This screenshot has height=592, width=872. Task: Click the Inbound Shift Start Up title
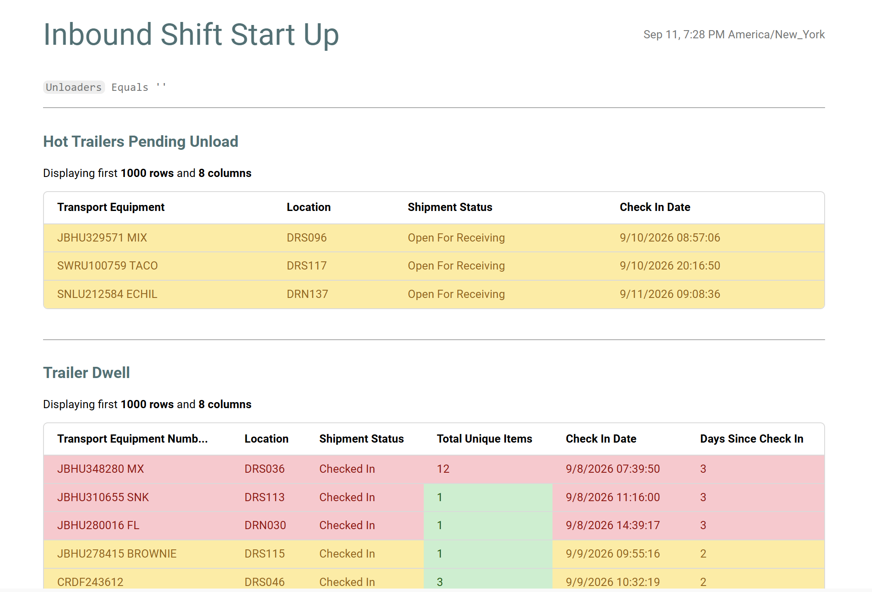coord(191,34)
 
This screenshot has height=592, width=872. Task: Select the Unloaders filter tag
coord(74,87)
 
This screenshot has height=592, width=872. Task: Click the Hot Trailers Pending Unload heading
coord(141,142)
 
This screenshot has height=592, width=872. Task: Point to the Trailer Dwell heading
coord(87,373)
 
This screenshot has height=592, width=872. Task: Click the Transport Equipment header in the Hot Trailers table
coord(111,207)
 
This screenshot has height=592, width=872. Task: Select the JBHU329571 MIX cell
coord(102,238)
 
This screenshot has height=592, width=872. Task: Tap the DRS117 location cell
coord(307,266)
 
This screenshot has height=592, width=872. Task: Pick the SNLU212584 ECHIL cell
coord(107,294)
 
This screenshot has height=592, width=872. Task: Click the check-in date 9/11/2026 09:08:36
coord(670,294)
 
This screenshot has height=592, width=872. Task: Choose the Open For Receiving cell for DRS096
coord(456,238)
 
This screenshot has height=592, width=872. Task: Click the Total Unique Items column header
coord(484,439)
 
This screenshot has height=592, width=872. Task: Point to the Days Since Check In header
coord(751,439)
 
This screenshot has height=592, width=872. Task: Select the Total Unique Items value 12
coord(443,469)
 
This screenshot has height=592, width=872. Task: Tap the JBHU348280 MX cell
coord(100,469)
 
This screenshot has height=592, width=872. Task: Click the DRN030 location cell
coord(265,525)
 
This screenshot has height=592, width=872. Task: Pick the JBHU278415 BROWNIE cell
coord(117,554)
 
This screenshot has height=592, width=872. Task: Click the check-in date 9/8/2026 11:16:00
coord(613,497)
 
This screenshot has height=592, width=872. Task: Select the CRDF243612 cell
coord(90,582)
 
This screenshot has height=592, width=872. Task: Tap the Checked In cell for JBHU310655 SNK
coord(347,497)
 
